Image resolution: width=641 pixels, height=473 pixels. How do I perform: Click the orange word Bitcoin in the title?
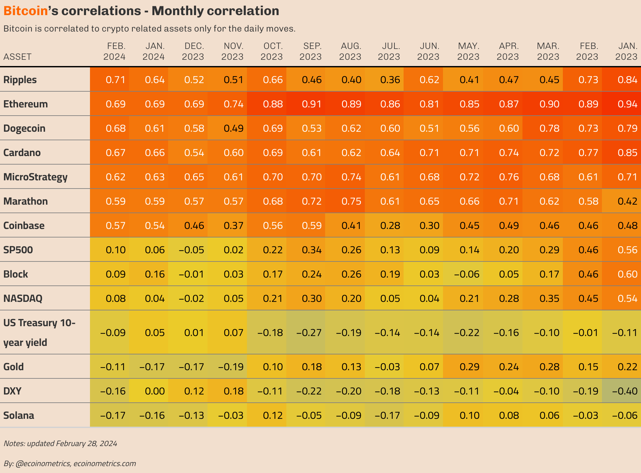pos(26,11)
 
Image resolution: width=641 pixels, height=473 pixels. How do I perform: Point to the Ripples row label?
pos(20,80)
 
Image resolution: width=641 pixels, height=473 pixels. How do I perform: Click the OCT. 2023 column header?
pos(272,51)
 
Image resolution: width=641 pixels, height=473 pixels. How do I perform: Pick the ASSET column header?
pos(17,57)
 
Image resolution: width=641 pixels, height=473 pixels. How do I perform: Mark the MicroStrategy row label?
pos(35,177)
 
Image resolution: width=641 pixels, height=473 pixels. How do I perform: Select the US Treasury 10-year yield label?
pos(39,332)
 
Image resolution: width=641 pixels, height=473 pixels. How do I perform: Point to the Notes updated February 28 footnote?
pos(60,443)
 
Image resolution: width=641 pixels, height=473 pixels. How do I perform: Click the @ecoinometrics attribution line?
pos(70,463)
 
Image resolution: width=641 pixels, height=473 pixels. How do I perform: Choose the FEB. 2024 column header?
pos(115,51)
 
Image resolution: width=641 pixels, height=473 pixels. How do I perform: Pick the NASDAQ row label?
pos(23,299)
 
